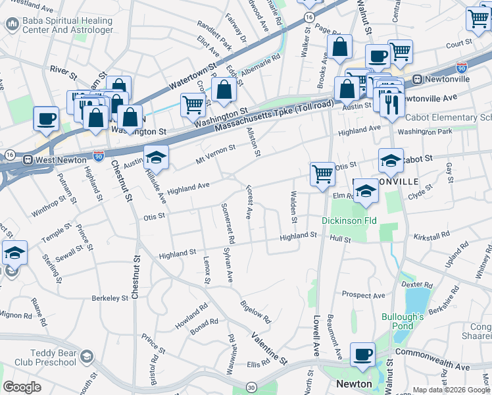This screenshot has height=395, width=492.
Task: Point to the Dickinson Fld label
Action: coord(349,221)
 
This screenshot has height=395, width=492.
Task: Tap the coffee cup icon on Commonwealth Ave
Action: coord(362,354)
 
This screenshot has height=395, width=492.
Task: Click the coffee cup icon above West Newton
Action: coord(46,118)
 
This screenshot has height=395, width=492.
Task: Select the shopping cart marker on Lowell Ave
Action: coord(322,174)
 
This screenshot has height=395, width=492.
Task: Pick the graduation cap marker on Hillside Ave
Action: coord(157,157)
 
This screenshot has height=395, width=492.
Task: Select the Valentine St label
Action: coord(270,349)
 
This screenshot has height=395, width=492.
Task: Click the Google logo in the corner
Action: coord(22,387)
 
